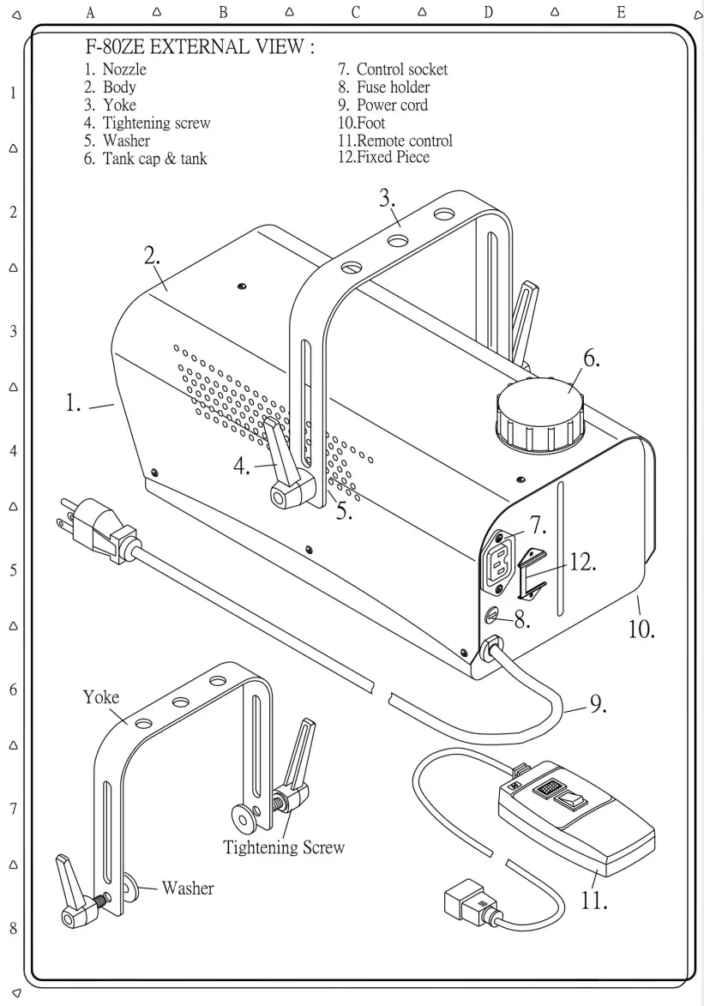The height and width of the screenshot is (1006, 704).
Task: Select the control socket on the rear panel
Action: pyautogui.click(x=501, y=561)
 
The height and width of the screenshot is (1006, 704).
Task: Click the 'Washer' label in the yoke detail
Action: pyautogui.click(x=187, y=888)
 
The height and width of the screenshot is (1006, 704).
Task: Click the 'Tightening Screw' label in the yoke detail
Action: pyautogui.click(x=284, y=847)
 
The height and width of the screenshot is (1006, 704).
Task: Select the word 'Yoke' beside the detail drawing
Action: pyautogui.click(x=101, y=696)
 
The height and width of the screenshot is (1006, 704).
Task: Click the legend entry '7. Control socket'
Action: pyautogui.click(x=393, y=69)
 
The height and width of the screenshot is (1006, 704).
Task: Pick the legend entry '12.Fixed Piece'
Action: pyautogui.click(x=383, y=158)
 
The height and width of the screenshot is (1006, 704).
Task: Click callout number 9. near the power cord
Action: pyautogui.click(x=598, y=704)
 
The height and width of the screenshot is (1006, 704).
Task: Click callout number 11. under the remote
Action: pyautogui.click(x=594, y=900)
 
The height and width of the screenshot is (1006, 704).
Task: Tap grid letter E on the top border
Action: pyautogui.click(x=620, y=12)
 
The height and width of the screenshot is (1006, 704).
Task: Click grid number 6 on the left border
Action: pyautogui.click(x=13, y=690)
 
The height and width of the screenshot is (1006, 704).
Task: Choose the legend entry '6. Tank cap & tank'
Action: pyautogui.click(x=146, y=159)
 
